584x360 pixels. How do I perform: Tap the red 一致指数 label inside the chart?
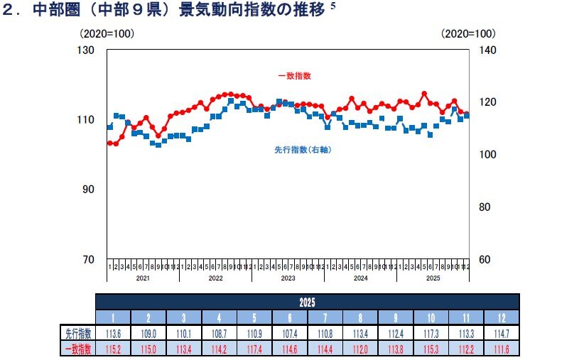tap(294, 75)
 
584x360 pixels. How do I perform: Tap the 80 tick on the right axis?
tap(485, 207)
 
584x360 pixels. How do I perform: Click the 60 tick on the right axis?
tap(485, 259)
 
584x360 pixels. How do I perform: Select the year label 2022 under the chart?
tap(215, 278)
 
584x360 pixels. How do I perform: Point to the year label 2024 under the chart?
tap(360, 278)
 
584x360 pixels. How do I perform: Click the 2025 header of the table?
tap(308, 301)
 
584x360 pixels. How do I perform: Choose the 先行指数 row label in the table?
tap(77, 333)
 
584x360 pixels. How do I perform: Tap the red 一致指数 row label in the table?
tap(77, 349)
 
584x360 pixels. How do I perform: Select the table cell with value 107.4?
tap(290, 333)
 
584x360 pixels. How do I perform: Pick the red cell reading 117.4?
tap(254, 349)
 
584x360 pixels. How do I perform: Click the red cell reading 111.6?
tap(502, 349)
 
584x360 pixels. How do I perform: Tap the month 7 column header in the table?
tap(325, 317)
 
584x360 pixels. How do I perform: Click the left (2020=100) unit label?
tap(107, 33)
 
